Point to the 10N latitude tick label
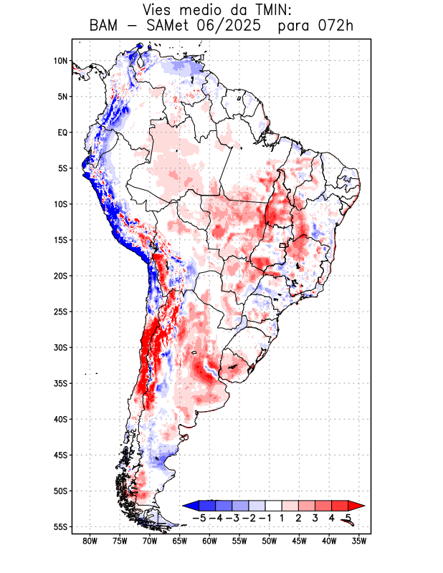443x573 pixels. pos(60,61)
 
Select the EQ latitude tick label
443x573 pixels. pos(62,133)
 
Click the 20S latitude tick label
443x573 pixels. pos(60,276)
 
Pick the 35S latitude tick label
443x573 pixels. pos(60,383)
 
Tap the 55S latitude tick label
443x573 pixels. pos(60,526)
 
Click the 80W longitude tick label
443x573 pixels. pos(90,541)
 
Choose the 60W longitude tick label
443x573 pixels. pos(209,541)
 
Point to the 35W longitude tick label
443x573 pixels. pos(358,541)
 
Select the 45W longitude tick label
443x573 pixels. pos(299,541)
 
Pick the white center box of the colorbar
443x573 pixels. pos(273,505)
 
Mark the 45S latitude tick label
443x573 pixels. pos(60,455)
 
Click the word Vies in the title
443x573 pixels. pos(161,10)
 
